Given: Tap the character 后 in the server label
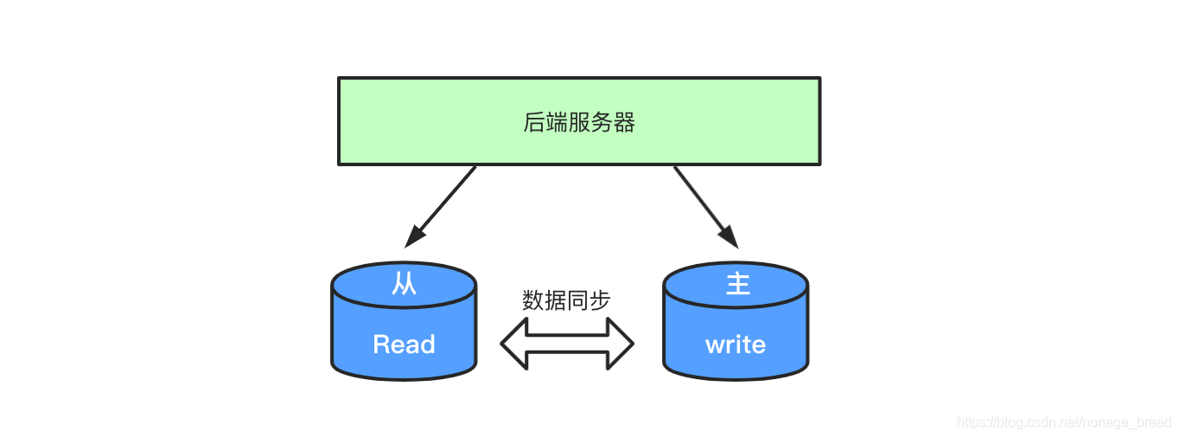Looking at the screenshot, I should click(534, 123).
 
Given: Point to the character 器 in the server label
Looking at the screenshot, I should click(624, 123).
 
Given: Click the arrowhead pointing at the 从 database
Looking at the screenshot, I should click(416, 236).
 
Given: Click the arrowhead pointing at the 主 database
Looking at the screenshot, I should click(729, 236).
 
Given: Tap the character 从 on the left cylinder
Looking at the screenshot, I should click(404, 283).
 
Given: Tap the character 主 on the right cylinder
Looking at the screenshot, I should click(736, 283).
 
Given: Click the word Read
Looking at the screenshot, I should click(404, 345).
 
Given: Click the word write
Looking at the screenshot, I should click(736, 345).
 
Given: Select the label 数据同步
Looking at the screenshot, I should click(566, 300).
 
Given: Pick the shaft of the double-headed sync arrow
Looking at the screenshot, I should click(567, 344).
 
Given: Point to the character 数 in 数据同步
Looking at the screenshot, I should click(533, 300).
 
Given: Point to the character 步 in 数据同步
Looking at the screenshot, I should click(599, 300).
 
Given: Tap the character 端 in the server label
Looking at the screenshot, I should click(557, 123).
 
